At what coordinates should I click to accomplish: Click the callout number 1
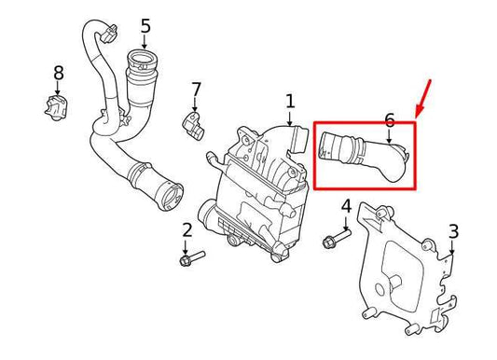coord(289,100)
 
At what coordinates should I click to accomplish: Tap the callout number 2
coord(186,229)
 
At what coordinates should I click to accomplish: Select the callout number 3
coord(453,230)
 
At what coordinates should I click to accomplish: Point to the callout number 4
coord(346,206)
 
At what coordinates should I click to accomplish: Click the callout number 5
coord(145,25)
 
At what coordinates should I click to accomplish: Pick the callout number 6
coord(389,118)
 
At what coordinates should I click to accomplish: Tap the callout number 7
coord(196,90)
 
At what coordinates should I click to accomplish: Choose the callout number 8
coord(58,72)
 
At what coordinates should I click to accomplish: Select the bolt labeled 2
coord(190,254)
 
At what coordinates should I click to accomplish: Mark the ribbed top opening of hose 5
coord(143,65)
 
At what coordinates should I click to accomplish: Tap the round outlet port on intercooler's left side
coord(207,212)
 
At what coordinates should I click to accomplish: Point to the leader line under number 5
coord(145,42)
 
